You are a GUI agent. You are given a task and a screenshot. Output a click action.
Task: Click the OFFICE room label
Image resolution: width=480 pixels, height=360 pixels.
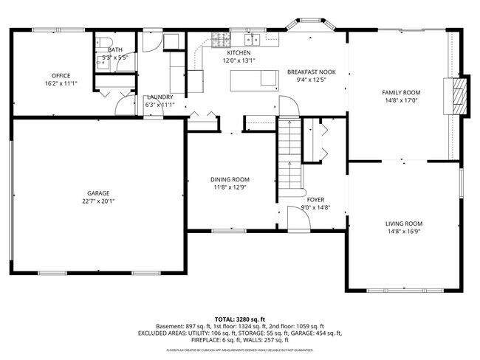(x=61, y=76)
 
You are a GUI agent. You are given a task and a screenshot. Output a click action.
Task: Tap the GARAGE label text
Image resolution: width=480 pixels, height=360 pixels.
(x=98, y=192)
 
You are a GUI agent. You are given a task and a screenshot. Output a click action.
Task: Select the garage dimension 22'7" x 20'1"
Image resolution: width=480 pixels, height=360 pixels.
(x=98, y=200)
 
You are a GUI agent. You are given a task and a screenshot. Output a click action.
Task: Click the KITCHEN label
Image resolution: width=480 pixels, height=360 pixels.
(x=239, y=53)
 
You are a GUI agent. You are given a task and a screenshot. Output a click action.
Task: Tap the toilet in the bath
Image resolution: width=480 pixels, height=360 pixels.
(x=105, y=42)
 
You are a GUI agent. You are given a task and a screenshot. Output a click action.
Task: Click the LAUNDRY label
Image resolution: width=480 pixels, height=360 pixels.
(x=160, y=97)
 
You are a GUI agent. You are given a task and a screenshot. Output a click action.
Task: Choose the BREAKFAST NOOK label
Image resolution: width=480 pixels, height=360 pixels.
(x=311, y=72)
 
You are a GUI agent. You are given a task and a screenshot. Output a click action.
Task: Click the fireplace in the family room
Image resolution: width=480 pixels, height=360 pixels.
(x=460, y=96)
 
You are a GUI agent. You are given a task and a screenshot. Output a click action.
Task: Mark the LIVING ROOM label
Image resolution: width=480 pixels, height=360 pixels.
(x=403, y=224)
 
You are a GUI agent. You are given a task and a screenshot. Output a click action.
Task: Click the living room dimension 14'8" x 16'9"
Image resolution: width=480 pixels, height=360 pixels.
(x=403, y=232)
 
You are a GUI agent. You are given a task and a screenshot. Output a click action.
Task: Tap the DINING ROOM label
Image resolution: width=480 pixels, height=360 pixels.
(x=230, y=179)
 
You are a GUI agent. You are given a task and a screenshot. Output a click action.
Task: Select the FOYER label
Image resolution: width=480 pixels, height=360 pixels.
(x=315, y=199)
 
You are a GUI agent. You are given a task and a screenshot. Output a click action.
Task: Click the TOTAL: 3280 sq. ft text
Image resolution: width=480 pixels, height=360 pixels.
(x=239, y=318)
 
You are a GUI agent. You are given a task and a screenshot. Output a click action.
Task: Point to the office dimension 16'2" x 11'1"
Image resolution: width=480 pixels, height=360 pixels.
(x=61, y=84)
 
